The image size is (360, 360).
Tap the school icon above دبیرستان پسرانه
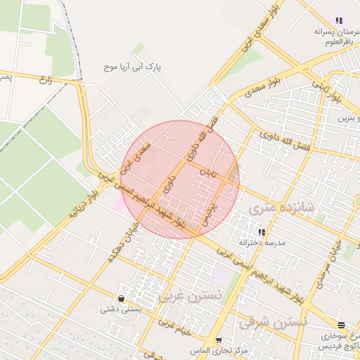[340, 21]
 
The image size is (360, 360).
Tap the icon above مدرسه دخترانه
[261, 232]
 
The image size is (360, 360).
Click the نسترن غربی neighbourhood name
[188, 296]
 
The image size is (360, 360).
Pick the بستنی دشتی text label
[121, 309]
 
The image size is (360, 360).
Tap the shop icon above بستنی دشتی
[122, 298]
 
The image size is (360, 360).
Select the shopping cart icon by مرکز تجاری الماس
[218, 340]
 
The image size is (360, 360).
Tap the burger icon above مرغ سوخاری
[342, 325]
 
